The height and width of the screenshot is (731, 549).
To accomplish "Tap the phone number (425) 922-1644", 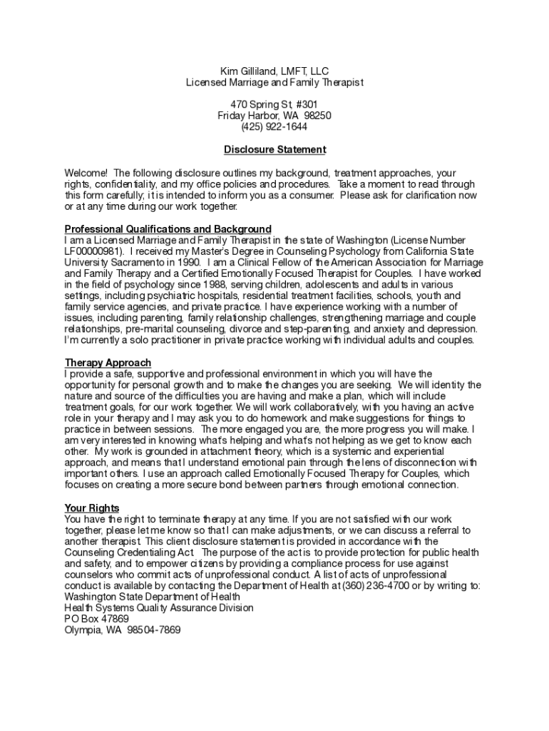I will tap(274, 127).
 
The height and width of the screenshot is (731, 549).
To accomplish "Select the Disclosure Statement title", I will tap(274, 150).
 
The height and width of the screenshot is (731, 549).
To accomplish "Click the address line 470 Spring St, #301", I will tap(274, 104).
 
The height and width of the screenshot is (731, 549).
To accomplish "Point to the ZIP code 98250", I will tap(317, 116).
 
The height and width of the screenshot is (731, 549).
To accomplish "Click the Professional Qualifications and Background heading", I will tap(168, 229).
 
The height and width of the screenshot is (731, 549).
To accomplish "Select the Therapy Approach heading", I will tap(108, 363).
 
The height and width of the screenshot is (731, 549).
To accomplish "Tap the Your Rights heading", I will tap(92, 508).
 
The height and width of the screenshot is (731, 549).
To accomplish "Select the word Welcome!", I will tap(86, 173).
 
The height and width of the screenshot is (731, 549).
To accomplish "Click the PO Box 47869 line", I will tap(97, 619).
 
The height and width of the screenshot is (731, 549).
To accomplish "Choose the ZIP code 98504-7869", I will tap(154, 630).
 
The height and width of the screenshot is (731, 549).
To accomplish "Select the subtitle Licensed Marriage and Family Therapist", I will tap(274, 83).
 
